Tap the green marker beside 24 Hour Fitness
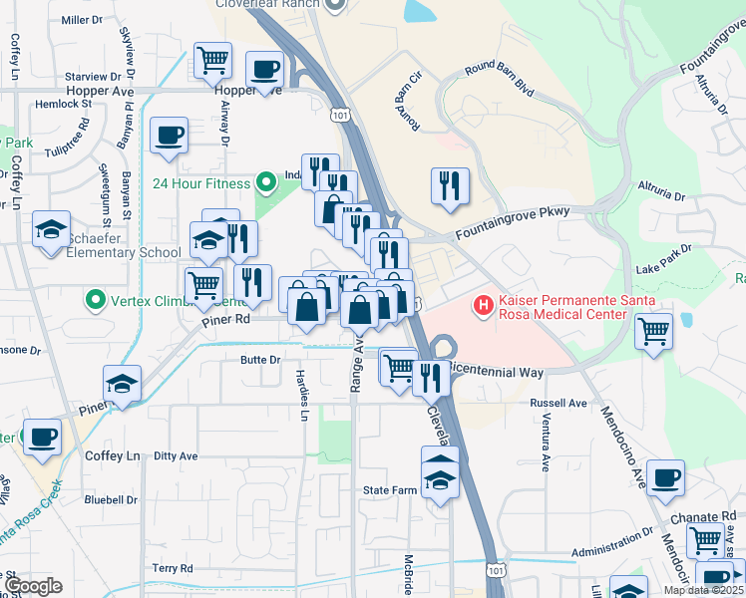265,182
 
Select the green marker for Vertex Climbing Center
95,299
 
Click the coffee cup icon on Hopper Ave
264,70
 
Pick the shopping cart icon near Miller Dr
211,60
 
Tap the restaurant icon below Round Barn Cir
449,185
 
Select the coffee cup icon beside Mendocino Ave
665,477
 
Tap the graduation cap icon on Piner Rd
122,384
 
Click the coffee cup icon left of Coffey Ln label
42,437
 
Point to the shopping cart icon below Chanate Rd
705,539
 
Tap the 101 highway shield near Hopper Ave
342,115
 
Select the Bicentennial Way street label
495,371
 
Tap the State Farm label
389,490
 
